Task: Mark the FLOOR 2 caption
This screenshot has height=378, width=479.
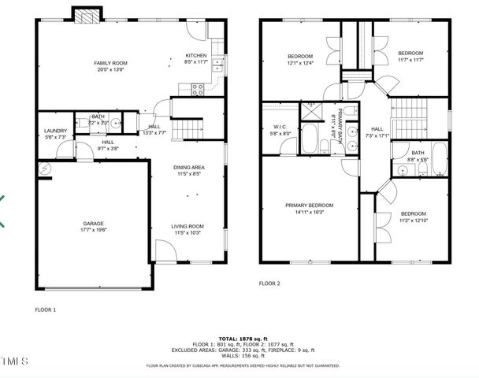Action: click(x=269, y=283)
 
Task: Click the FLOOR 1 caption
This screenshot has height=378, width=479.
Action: click(x=46, y=309)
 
